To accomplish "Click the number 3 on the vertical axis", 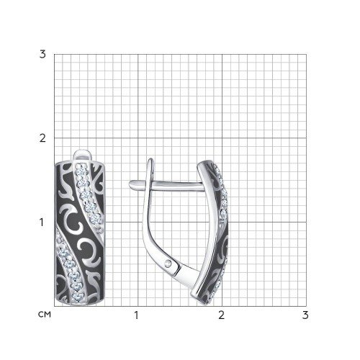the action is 42,55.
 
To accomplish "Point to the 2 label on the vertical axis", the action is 42,138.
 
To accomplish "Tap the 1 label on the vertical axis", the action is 42,222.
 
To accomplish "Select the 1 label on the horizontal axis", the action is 136,315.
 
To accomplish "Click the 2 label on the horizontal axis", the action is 221,315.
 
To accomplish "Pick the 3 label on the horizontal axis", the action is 305,315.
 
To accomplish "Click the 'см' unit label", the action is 45,315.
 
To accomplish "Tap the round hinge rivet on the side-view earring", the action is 170,264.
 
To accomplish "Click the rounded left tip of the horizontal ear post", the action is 130,184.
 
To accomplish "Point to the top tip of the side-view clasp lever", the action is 150,159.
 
